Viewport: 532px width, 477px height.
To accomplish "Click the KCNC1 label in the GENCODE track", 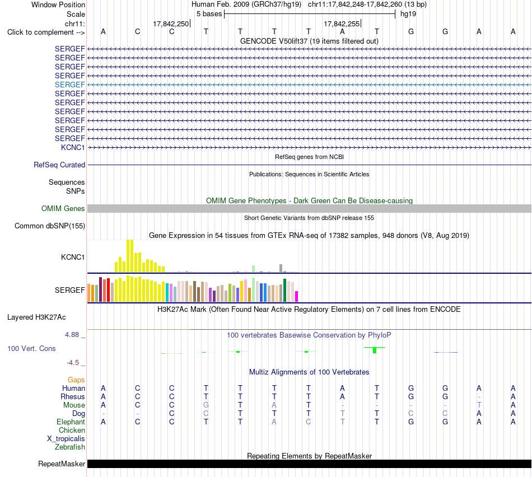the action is [x=73, y=147].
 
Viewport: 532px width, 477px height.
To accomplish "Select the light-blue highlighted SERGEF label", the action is [x=69, y=85].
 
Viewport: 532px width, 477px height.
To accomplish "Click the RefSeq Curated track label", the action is [x=59, y=165].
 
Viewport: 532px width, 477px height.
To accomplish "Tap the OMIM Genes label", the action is [x=63, y=209].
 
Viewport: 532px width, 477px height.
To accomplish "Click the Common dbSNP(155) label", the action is [x=49, y=226].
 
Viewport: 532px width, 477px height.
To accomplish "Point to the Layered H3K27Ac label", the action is [x=36, y=317].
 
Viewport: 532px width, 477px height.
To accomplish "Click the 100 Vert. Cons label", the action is [x=31, y=348].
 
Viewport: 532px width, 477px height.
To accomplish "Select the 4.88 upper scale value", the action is [x=72, y=335].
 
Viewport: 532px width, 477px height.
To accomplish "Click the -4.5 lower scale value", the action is [x=73, y=363].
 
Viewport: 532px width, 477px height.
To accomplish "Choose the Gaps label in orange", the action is [x=76, y=380].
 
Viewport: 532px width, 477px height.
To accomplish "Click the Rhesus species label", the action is [x=73, y=396].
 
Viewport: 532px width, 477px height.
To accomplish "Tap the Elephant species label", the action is [x=71, y=422].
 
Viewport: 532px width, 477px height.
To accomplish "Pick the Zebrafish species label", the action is [x=70, y=447].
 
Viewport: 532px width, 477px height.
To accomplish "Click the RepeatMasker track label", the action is [x=62, y=464].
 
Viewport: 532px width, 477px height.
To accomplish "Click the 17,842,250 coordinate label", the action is [x=171, y=24].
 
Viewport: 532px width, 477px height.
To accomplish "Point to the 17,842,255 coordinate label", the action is [x=342, y=24].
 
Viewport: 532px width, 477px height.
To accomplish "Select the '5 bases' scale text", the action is [x=209, y=14].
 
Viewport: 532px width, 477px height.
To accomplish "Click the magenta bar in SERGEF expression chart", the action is [x=297, y=297].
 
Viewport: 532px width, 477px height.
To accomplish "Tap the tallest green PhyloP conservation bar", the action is [x=375, y=350].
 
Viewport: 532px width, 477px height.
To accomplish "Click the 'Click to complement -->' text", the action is [x=46, y=32].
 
